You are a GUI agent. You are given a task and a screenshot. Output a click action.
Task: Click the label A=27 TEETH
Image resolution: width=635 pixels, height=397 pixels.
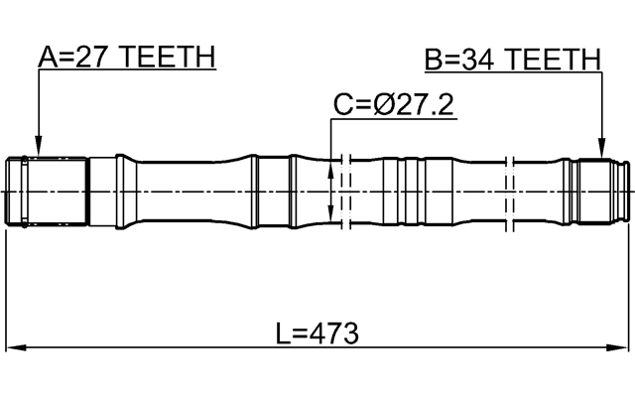tap(126, 58)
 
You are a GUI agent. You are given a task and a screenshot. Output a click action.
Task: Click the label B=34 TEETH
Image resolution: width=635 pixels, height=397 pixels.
tap(513, 60)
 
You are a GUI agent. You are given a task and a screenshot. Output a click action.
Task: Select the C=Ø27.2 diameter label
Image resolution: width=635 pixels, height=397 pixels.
tap(393, 104)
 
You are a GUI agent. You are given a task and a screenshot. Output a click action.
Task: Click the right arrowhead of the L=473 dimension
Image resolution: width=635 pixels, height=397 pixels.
tap(624, 347)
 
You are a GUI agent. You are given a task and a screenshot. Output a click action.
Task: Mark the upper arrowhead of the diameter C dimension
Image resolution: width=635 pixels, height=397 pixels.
tap(331, 161)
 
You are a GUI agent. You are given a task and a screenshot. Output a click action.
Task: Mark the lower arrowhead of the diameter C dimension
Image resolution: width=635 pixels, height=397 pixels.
tap(331, 215)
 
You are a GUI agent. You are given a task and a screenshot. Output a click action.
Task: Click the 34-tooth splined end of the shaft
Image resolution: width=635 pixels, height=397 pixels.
tap(601, 189)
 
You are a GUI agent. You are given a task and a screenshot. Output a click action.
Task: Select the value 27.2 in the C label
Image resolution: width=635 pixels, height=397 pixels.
tap(423, 104)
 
